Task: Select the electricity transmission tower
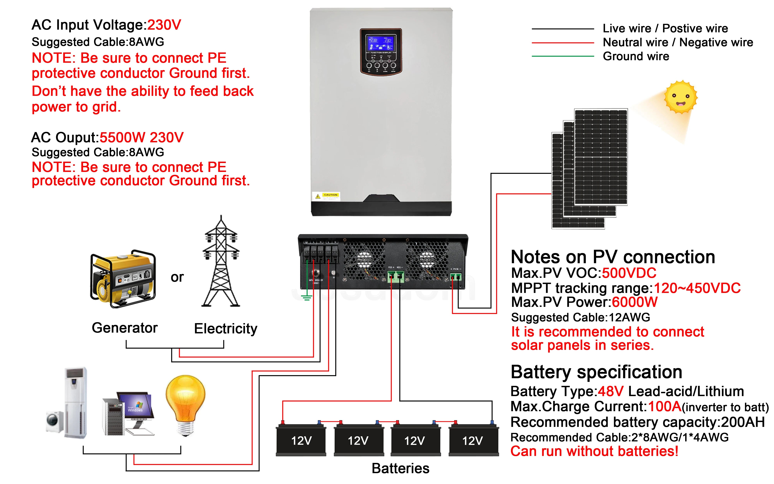pos(221,263)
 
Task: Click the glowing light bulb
pos(186,405)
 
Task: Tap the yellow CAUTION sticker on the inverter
pos(330,195)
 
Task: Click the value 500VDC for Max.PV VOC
pos(629,273)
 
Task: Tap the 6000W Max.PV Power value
pos(634,302)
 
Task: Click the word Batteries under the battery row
pos(400,468)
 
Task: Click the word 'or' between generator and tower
pos(177,277)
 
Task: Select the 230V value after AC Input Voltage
pos(164,25)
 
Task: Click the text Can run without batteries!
pos(594,451)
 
